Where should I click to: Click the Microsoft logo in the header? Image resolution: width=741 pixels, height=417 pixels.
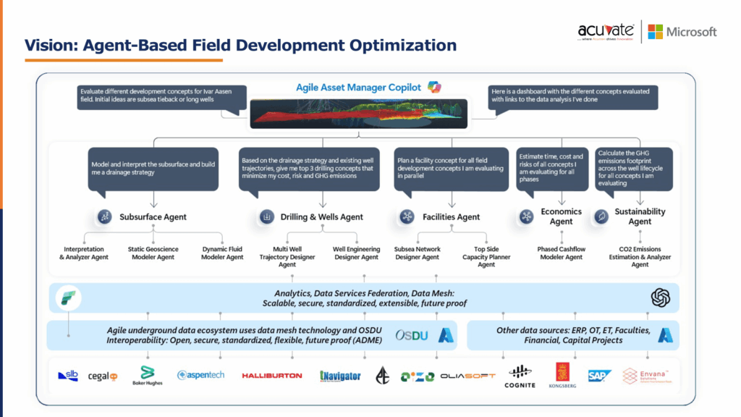click(682, 32)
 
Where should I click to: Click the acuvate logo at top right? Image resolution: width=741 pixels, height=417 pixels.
click(606, 32)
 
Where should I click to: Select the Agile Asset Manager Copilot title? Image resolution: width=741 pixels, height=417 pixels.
click(358, 88)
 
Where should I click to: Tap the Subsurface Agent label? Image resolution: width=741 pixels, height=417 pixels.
click(153, 216)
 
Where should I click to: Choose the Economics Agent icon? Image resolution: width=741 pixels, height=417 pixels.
click(527, 216)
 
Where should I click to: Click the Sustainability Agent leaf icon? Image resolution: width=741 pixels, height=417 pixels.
click(601, 216)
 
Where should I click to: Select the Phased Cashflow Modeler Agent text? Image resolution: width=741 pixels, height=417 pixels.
click(561, 253)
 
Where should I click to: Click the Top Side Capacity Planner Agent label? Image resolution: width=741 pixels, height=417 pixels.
click(486, 256)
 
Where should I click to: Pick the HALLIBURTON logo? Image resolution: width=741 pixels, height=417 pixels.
click(271, 376)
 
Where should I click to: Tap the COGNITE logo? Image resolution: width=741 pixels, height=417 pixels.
click(520, 376)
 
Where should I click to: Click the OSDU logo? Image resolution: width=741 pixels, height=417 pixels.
click(413, 335)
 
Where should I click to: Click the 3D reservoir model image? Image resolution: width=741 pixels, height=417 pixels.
click(358, 114)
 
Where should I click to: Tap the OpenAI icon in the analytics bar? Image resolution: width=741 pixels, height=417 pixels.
click(660, 297)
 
